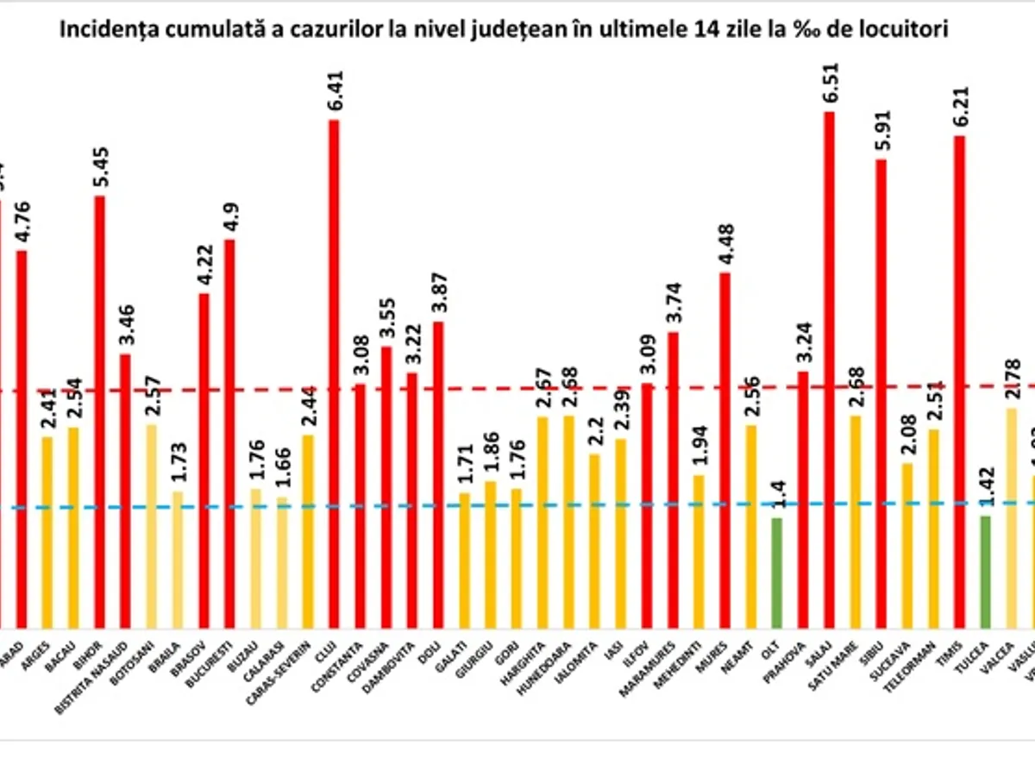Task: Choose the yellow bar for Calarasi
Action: pos(281,561)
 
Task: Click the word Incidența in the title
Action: pos(97,30)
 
